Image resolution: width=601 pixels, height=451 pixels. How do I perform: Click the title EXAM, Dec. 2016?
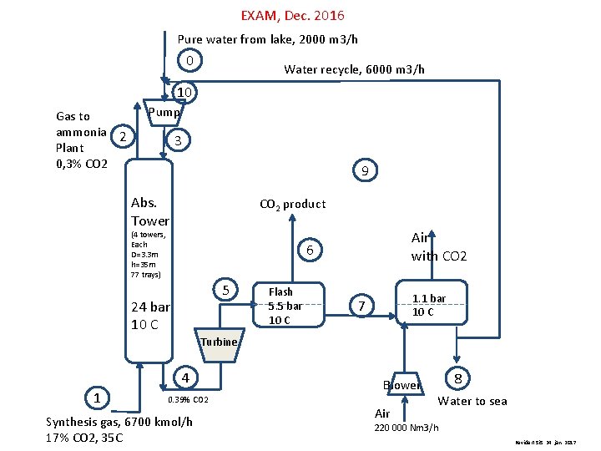click(292, 16)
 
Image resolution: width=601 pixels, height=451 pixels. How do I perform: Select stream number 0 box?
click(190, 61)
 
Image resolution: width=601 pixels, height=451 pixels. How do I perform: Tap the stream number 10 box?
click(184, 91)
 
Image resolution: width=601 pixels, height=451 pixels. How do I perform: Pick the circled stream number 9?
click(365, 171)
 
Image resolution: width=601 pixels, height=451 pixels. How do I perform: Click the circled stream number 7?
click(361, 307)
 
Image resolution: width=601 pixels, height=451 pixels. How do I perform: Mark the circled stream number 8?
click(458, 378)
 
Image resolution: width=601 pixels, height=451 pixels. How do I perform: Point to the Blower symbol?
click(402, 385)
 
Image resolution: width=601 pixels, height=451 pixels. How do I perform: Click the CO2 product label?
click(293, 204)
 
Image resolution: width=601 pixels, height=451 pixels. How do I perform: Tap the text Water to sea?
click(473, 401)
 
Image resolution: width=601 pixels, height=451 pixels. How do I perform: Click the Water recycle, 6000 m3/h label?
click(354, 69)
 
